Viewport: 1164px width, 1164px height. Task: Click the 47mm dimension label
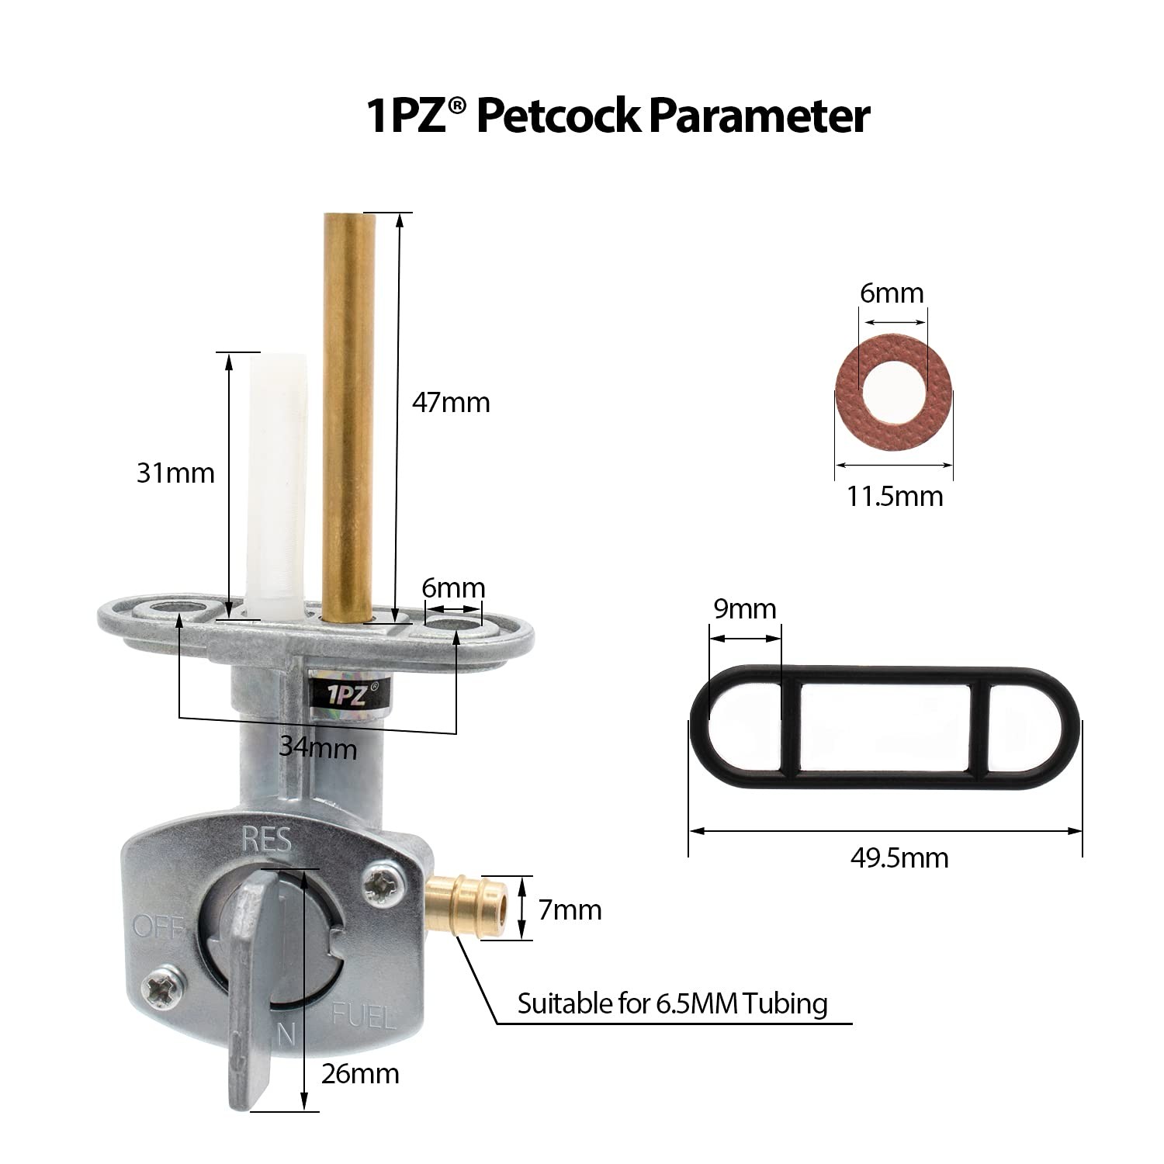tap(451, 403)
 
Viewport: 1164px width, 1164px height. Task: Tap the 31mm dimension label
tap(175, 473)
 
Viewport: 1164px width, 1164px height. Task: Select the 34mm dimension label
tap(318, 748)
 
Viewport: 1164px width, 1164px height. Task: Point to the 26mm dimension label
tap(360, 1074)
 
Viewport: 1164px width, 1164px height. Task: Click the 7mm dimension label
tap(570, 909)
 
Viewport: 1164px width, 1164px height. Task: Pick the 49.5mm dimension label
tap(899, 857)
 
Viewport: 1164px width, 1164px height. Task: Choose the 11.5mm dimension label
tap(894, 496)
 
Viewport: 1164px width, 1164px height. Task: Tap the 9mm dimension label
tap(745, 609)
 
